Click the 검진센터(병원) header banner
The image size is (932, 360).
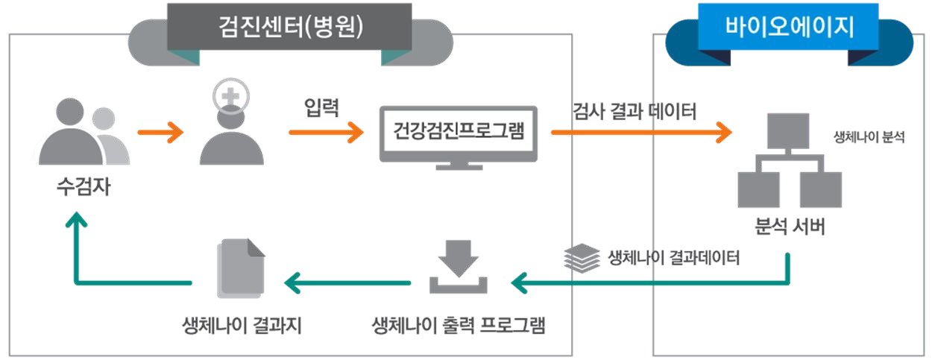[289, 27]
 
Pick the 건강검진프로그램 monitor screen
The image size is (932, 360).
[458, 133]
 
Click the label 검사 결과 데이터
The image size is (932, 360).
[635, 112]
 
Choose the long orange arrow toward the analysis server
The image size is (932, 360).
[641, 133]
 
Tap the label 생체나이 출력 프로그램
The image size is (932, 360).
[458, 326]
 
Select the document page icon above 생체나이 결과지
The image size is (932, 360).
[240, 270]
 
